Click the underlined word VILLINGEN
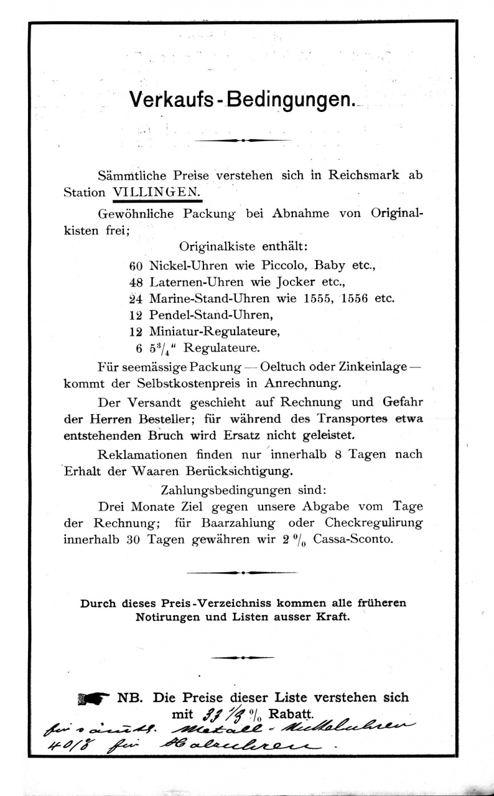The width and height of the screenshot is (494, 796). [157, 192]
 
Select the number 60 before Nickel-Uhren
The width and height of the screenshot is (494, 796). [136, 265]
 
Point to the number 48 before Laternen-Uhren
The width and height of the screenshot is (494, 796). [136, 281]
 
